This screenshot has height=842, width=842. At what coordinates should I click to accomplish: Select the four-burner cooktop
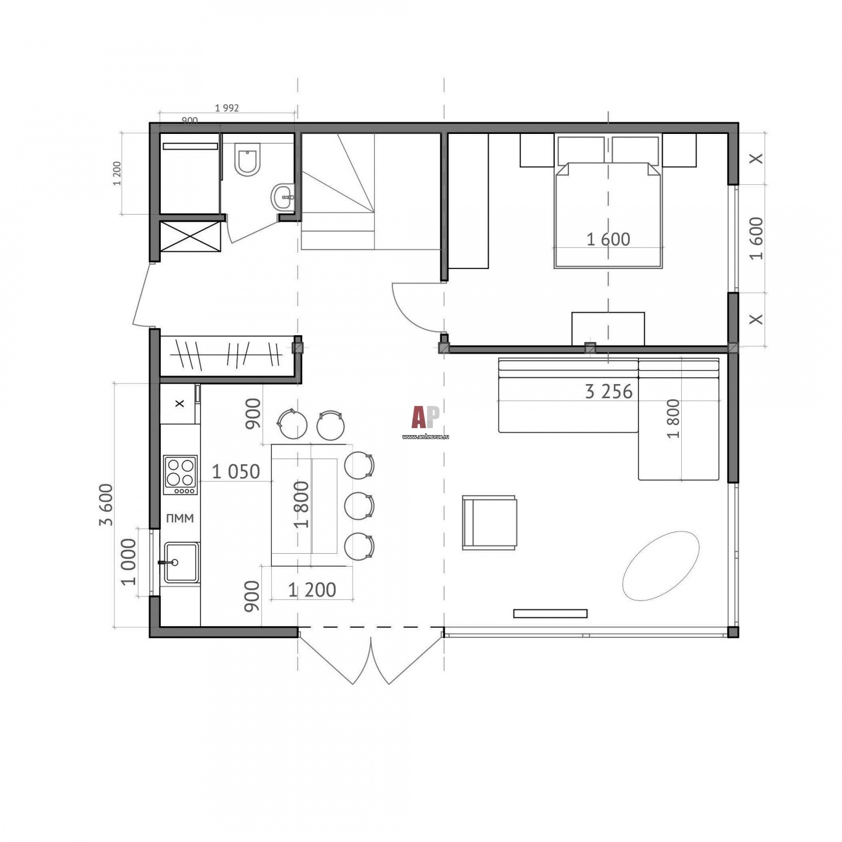tap(180, 475)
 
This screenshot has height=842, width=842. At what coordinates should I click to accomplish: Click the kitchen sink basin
tap(181, 563)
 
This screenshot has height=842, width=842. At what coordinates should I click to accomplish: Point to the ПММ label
tap(180, 519)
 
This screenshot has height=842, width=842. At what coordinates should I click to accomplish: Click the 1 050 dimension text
tap(236, 472)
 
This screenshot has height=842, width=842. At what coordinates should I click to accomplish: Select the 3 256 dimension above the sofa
tap(609, 392)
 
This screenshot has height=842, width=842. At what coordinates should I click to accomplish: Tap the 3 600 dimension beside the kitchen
tap(106, 505)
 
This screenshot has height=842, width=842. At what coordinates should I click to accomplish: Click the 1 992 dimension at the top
tap(227, 108)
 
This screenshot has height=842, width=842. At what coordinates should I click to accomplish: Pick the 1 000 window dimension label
tap(129, 562)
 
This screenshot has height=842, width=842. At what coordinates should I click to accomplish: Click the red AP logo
tap(425, 417)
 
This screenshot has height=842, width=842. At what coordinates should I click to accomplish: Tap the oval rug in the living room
tap(660, 565)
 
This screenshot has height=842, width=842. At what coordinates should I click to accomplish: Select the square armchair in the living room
tap(489, 522)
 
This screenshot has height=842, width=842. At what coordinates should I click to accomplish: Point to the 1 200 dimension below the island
tap(312, 590)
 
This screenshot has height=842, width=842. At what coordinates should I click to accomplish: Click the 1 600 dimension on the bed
tap(608, 240)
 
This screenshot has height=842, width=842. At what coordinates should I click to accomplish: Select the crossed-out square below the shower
tap(191, 236)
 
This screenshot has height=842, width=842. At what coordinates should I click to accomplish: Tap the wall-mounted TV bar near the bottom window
tap(550, 613)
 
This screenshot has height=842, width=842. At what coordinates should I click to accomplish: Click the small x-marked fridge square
tap(179, 403)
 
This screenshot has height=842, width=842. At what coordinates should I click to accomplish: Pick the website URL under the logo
tap(425, 436)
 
